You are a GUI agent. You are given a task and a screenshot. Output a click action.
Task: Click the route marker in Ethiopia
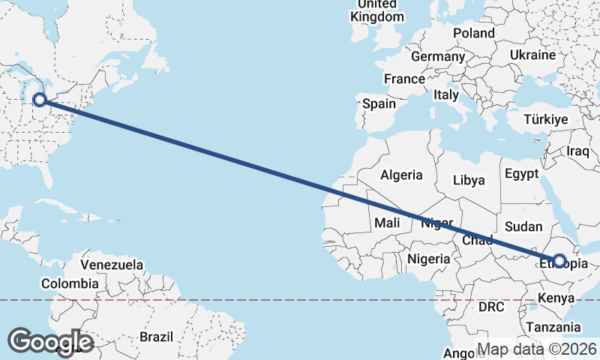[559, 261]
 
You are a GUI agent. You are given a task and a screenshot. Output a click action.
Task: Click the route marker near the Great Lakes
[40, 98]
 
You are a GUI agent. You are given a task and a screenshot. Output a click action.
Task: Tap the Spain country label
[379, 104]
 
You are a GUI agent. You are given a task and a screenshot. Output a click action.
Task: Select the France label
[404, 79]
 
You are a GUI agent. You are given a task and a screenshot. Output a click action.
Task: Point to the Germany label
[438, 57]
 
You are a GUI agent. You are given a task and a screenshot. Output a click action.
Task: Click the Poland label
[473, 33]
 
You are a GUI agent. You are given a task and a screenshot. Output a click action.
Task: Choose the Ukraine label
[532, 55]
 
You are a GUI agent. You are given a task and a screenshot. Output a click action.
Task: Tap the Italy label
[446, 95]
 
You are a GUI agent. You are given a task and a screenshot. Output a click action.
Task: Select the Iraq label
[580, 151]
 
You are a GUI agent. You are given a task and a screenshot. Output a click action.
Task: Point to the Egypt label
[522, 173]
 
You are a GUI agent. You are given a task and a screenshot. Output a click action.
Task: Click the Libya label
[469, 180]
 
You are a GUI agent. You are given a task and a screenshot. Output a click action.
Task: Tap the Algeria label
[401, 175]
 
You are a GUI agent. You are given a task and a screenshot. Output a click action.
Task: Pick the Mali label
[387, 223]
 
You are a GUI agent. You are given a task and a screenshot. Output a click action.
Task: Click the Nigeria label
[429, 259]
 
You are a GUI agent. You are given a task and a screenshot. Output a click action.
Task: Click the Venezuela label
[112, 265]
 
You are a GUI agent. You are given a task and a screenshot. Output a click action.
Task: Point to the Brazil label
[157, 337]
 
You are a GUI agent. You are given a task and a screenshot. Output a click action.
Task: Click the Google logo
[52, 341]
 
